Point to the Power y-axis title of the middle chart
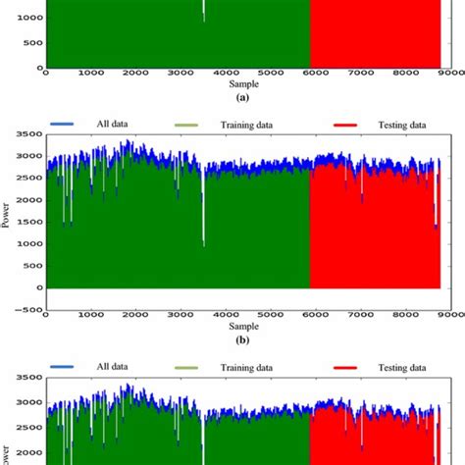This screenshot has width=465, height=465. click(8, 210)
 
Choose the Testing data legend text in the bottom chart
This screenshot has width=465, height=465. click(402, 369)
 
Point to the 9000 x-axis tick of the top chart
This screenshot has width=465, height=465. click(448, 75)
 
